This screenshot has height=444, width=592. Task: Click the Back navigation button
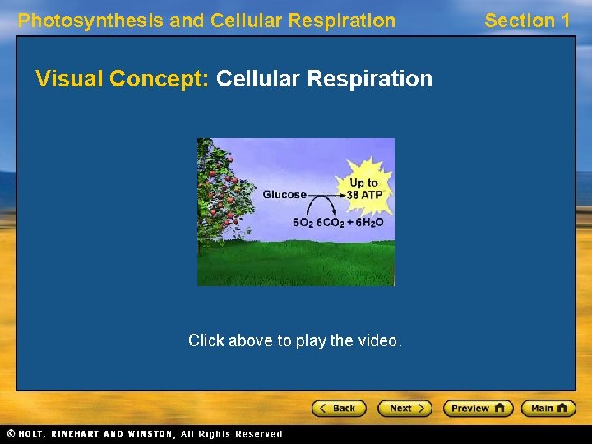(x=337, y=408)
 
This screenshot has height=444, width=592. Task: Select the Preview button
(x=478, y=408)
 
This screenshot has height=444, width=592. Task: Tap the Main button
(x=548, y=408)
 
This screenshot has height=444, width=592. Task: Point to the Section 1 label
(x=526, y=21)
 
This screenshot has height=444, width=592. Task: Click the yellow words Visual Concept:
(x=123, y=79)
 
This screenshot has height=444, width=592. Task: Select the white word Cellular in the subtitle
(x=258, y=79)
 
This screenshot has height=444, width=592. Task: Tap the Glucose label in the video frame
(x=284, y=195)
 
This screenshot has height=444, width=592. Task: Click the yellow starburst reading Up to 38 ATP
(x=363, y=189)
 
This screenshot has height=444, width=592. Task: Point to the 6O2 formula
(x=303, y=223)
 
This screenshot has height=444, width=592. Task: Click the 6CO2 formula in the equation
(x=331, y=223)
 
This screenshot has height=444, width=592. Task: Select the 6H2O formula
(x=370, y=223)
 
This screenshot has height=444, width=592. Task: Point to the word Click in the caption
(x=206, y=340)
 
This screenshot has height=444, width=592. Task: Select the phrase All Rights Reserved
(x=241, y=434)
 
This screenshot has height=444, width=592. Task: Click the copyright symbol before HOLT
(x=11, y=434)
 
